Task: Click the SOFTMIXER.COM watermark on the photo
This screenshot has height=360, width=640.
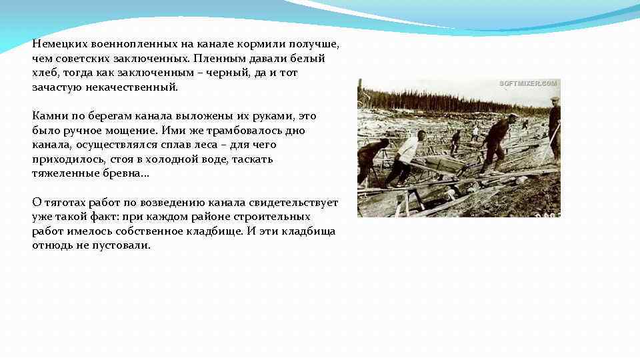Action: (x=528, y=83)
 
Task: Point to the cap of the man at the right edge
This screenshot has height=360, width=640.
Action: (x=555, y=99)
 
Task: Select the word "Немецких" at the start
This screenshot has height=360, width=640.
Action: (x=57, y=44)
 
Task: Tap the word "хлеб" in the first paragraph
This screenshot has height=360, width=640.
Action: (x=44, y=73)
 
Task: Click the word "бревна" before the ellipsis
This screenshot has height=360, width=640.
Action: (x=118, y=174)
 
